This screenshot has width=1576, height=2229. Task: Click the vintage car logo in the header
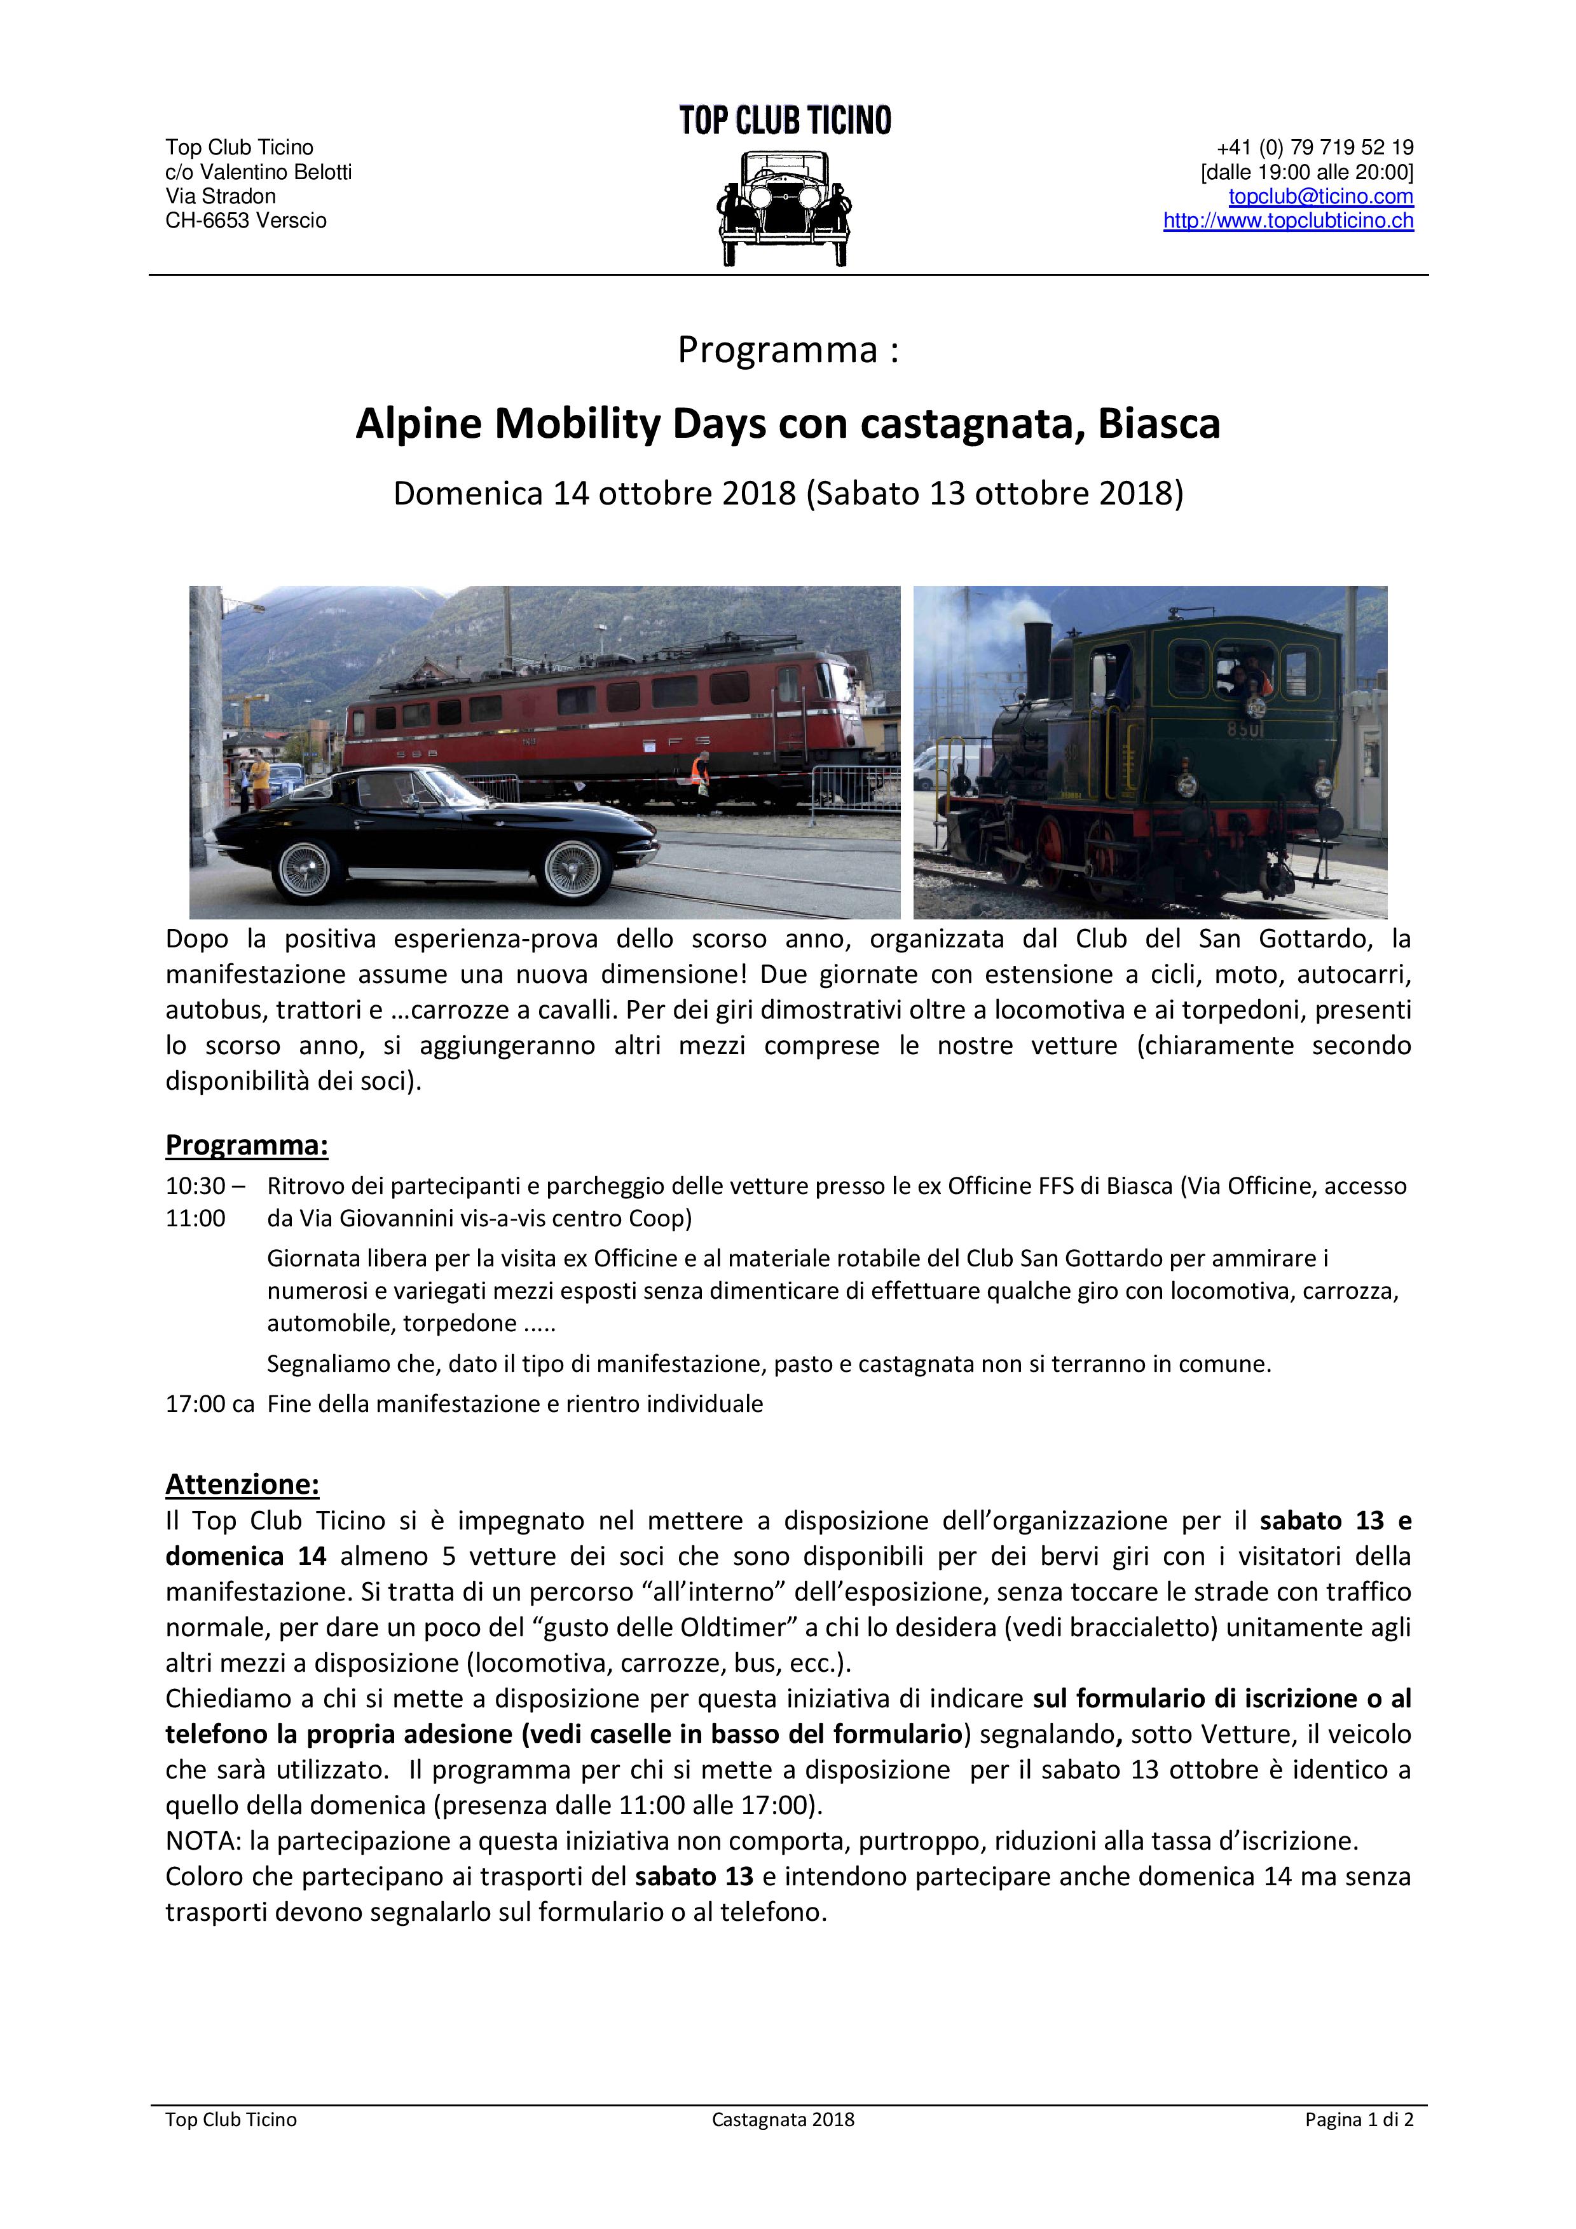tap(785, 207)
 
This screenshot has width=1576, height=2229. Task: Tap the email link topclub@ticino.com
tap(1320, 196)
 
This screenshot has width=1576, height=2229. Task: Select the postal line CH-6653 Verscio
tap(245, 220)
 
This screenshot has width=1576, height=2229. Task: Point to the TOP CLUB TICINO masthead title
tap(785, 120)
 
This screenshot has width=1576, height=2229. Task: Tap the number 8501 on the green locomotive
tap(1244, 729)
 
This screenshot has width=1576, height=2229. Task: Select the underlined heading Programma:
tap(247, 1146)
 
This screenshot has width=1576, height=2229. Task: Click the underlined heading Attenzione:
tap(242, 1484)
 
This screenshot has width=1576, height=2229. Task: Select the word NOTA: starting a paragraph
tap(203, 1841)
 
